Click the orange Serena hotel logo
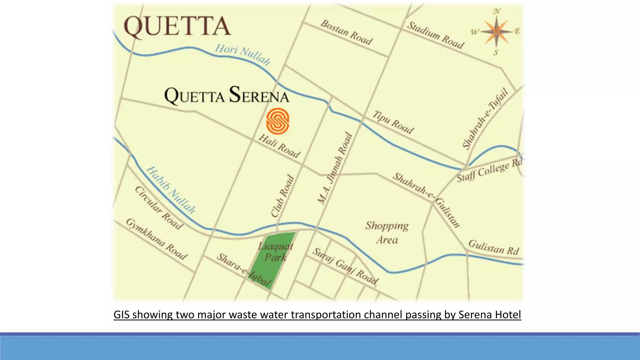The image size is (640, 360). pos(277,121)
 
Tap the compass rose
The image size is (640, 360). pos(497,32)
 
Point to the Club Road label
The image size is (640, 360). pos(282,196)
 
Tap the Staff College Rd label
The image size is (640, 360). pos(489,171)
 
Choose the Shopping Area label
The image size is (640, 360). pos(387,232)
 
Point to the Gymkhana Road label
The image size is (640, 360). pos(157,239)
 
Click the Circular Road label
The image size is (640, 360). pos(159,208)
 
